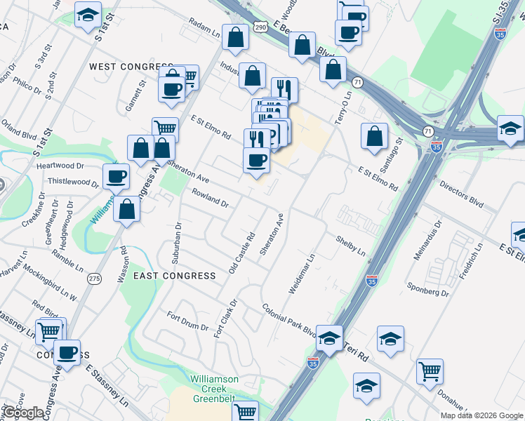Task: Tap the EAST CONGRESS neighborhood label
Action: (175, 276)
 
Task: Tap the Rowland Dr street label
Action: (208, 197)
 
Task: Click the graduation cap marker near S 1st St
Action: (88, 14)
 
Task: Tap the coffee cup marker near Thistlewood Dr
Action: (117, 176)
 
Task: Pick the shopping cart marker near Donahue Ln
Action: (430, 371)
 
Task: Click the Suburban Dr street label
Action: (178, 240)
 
